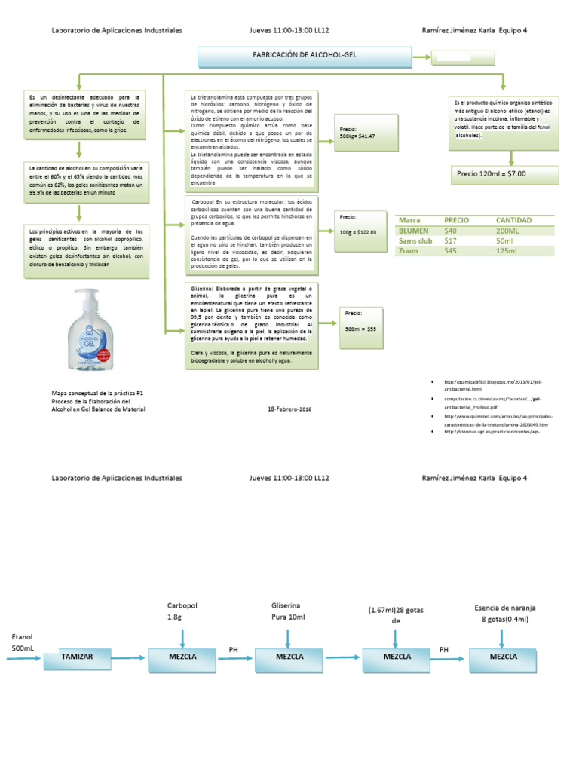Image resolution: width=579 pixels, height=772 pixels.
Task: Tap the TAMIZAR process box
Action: (x=77, y=657)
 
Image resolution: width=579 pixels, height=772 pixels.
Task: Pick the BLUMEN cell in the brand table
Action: (x=413, y=231)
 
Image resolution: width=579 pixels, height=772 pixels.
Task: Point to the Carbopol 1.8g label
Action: (x=181, y=611)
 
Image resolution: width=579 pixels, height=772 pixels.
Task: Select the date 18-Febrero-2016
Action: (x=290, y=409)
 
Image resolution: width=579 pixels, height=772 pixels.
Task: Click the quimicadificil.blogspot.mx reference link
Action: (x=495, y=381)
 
